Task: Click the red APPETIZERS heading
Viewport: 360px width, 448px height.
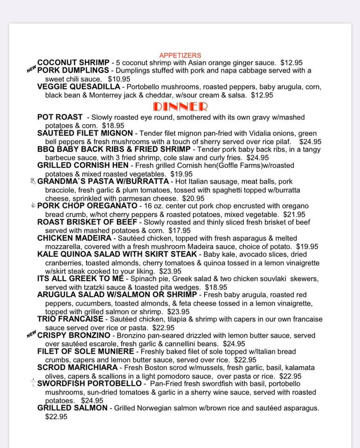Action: pos(180,55)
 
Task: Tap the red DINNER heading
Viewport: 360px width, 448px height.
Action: pos(180,106)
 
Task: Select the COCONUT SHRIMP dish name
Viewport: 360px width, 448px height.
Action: pos(73,62)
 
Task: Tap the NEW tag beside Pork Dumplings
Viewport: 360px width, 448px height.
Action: pos(31,70)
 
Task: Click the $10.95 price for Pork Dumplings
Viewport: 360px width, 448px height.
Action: pos(119,79)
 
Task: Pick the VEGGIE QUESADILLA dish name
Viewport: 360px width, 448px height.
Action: pos(79,87)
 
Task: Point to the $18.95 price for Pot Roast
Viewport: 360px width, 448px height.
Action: pos(113,126)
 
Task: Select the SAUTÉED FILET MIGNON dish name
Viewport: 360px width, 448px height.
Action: pos(85,133)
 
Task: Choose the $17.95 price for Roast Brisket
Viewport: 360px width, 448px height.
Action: pos(180,230)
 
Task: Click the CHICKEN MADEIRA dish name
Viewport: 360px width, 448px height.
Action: pos(74,238)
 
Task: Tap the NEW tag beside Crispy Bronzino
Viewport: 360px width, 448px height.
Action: pos(31,335)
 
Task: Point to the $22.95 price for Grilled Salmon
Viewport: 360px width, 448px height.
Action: pos(56,416)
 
